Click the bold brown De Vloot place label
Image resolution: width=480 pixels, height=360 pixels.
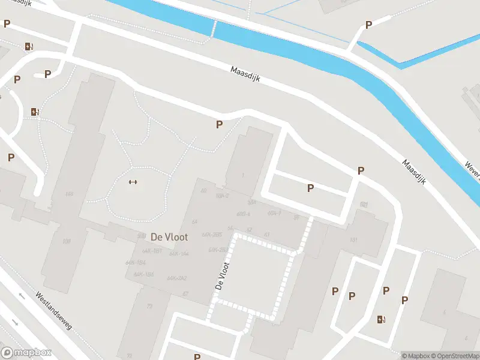tap(169, 236)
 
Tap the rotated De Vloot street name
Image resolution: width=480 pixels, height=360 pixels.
tap(221, 277)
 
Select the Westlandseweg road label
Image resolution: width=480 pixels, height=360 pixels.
tap(53, 311)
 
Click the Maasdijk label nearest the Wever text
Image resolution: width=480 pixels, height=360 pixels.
tap(414, 172)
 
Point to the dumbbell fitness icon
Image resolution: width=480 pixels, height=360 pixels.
tap(133, 183)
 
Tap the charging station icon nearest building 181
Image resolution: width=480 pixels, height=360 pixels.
tap(381, 319)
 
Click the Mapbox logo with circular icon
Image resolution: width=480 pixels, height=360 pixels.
tap(26, 353)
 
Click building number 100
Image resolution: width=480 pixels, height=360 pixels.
tap(66, 241)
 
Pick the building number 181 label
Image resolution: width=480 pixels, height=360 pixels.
tap(353, 240)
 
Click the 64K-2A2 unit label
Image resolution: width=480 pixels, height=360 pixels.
tap(177, 278)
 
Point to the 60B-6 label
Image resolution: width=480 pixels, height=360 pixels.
tap(243, 214)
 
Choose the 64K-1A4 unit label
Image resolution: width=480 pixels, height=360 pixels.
tap(179, 254)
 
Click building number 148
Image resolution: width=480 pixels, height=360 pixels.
tap(69, 194)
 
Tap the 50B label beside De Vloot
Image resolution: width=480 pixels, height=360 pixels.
tap(142, 235)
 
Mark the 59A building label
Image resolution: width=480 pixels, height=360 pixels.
tap(252, 202)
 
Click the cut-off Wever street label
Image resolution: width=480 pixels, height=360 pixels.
tap(472, 171)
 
